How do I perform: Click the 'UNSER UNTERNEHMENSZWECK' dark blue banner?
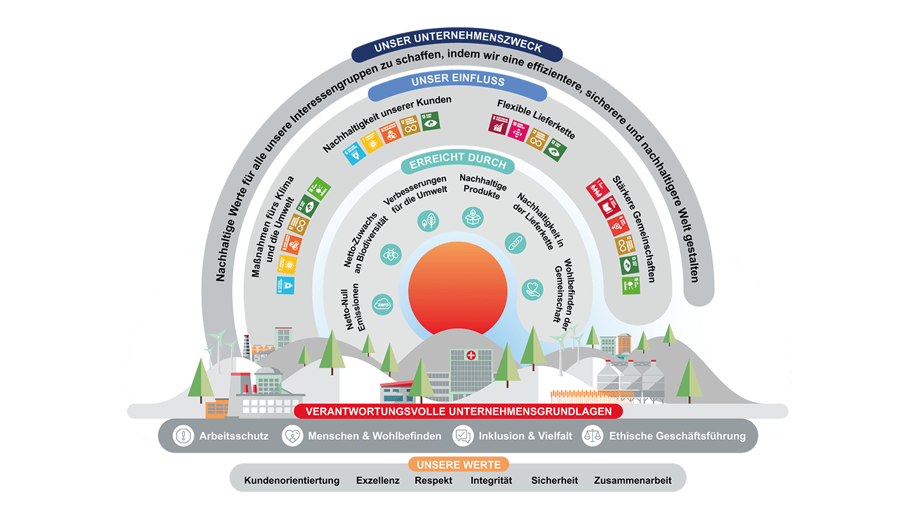coord(457,48)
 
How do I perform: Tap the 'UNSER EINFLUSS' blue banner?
coord(457,81)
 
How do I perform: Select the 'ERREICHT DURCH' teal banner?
coord(457,163)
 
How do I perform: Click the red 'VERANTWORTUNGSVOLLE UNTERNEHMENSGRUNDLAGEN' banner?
coord(458,411)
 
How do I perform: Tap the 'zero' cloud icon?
coord(383,305)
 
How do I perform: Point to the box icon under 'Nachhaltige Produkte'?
coord(473,216)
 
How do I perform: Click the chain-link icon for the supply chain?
coord(515,242)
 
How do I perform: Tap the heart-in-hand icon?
coord(532,289)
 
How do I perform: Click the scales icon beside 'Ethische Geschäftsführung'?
coord(592,436)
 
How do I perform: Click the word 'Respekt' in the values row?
coord(433,481)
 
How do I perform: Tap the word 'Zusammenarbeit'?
coord(632,481)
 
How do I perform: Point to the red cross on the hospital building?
coord(471,355)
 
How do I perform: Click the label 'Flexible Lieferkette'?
coord(536,120)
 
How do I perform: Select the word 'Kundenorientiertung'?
coord(292,481)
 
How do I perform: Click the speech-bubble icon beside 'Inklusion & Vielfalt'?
coord(463,436)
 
